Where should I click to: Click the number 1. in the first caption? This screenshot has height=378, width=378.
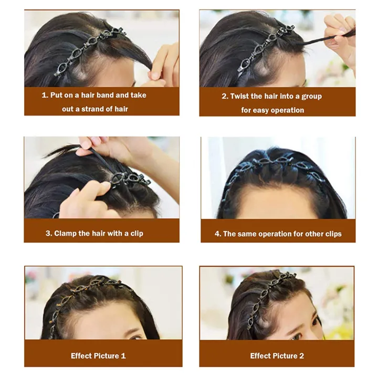pos(45,96)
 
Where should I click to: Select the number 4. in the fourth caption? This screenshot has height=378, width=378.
pos(217,234)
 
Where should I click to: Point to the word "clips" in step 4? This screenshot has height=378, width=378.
pos(330,234)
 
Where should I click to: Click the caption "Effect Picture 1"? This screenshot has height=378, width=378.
pos(98,356)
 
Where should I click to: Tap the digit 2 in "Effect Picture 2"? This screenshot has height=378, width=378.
pos(301,356)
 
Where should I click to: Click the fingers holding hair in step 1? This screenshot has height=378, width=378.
pos(163,63)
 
